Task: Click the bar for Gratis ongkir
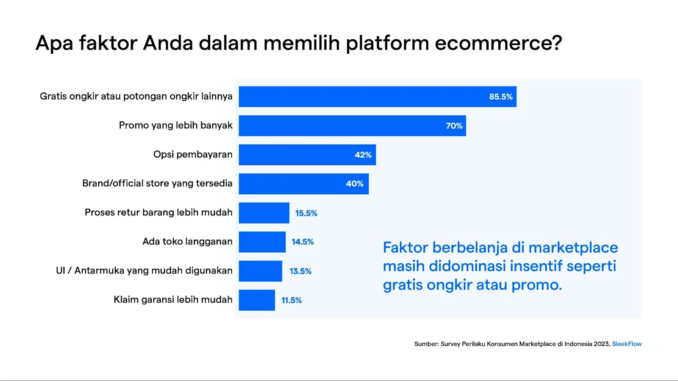[x=377, y=97]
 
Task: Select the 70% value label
[x=454, y=126]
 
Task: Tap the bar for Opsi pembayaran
[x=307, y=155]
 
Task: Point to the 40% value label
[x=354, y=184]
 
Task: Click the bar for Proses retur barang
[x=264, y=213]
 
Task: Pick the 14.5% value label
[x=303, y=242]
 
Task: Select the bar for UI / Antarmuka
[x=260, y=271]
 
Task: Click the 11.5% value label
[x=292, y=300]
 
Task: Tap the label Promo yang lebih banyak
[x=175, y=125]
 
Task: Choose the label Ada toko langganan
[x=187, y=241]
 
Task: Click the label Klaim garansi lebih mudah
[x=173, y=300]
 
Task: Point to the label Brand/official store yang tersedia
[x=157, y=183]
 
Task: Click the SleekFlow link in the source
[x=626, y=344]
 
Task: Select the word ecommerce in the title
[x=498, y=43]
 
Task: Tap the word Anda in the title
[x=168, y=43]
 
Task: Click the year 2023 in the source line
[x=601, y=344]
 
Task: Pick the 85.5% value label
[x=500, y=97]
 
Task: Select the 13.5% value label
[x=300, y=271]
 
